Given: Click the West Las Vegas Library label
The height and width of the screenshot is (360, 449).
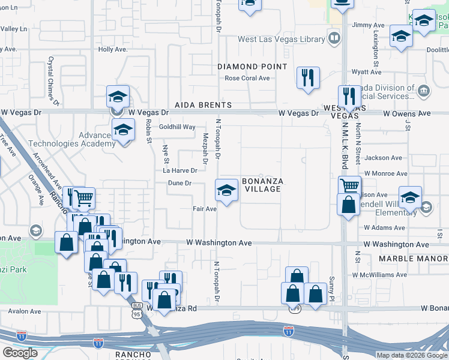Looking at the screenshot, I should (281, 40).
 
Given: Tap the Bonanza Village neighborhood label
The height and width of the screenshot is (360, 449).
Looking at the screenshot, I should (261, 185).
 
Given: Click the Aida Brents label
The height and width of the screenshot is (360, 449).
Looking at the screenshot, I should (203, 105).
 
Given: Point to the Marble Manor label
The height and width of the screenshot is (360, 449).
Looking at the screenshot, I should (414, 259).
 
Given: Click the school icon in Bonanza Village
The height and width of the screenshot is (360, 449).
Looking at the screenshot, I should (226, 191).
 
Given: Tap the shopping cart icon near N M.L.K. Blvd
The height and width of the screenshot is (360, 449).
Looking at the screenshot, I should (349, 185).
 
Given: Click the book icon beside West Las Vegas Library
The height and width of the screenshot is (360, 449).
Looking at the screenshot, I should (334, 39).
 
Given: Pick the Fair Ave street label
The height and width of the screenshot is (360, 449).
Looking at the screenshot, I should (204, 209).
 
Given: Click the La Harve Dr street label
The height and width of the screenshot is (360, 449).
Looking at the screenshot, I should (180, 171).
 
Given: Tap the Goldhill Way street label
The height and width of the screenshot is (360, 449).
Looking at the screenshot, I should (177, 127).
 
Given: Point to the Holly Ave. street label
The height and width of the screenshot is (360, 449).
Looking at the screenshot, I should (112, 49).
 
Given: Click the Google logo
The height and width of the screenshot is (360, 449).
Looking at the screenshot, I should (20, 352).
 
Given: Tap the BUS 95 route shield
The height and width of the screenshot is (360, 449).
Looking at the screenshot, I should (137, 310).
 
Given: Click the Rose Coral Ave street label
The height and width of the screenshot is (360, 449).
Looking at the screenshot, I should (247, 78).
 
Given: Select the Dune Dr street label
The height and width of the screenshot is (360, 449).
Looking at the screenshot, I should (179, 183).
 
